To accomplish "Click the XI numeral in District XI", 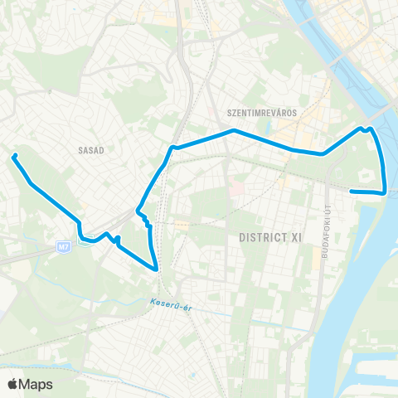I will click(x=294, y=237).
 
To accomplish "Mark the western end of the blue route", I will click(x=14, y=156).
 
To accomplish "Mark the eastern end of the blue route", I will click(x=352, y=192).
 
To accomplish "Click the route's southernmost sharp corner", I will click(x=156, y=269).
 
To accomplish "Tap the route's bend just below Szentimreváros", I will click(x=234, y=130).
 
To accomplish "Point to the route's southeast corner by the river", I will click(x=386, y=192).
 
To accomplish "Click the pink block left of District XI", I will click(x=235, y=191).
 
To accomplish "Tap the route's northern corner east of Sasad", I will click(x=172, y=148).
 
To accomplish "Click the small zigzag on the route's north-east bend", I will click(x=365, y=129).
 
